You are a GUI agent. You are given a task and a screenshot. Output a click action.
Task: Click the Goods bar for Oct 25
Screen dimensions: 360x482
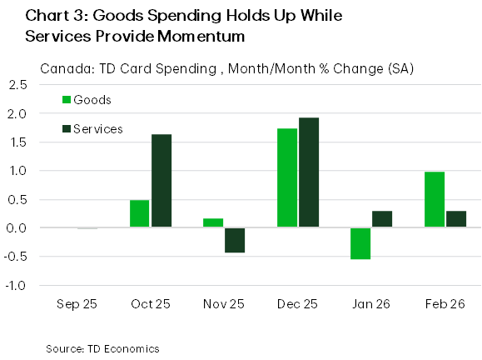click(140, 213)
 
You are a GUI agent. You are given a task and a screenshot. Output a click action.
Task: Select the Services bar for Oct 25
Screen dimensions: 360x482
click(161, 181)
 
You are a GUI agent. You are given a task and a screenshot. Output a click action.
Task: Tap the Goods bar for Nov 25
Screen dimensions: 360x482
click(213, 222)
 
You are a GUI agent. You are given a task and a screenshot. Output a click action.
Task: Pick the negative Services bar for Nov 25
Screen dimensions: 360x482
click(235, 240)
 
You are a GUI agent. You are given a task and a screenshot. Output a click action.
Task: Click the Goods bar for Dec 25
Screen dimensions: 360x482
click(287, 177)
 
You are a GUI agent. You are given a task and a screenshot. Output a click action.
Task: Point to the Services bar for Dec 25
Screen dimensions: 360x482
click(309, 172)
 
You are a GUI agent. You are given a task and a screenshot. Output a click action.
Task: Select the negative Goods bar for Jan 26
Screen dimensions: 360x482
click(360, 243)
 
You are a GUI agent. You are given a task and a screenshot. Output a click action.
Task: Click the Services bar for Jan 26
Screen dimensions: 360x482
click(382, 219)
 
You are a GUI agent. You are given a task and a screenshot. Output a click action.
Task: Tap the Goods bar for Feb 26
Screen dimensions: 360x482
click(435, 199)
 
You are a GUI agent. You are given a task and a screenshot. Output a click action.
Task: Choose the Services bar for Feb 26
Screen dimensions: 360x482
click(456, 219)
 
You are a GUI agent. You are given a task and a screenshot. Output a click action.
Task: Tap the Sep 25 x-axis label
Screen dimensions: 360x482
click(77, 304)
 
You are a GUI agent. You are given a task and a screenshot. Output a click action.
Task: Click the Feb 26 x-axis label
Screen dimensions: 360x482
click(445, 304)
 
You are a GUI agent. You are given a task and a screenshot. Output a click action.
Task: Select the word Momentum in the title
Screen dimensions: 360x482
click(210, 37)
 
